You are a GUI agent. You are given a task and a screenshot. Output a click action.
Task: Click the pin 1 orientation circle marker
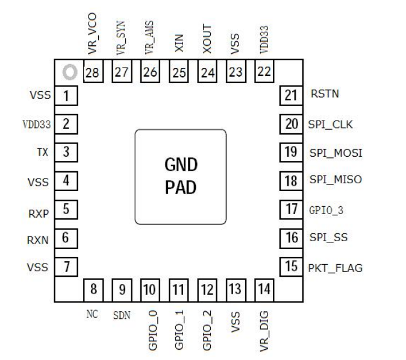69,73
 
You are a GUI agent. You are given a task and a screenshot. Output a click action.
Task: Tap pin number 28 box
92,73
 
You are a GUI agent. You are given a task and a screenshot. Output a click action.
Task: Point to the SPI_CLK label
331,125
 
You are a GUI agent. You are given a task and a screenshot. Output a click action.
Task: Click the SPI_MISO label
335,180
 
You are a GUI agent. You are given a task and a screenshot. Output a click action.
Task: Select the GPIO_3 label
326,210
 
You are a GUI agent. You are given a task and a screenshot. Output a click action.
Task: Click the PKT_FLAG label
336,267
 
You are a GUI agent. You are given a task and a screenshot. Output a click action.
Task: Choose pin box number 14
264,289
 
